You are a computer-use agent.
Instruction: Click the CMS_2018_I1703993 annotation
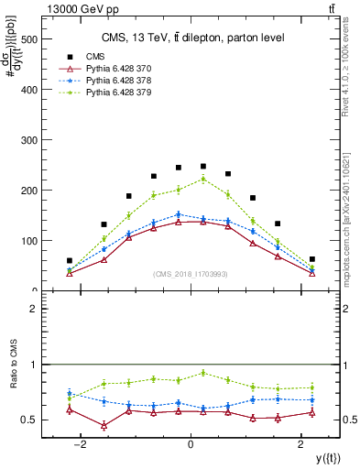click(190, 275)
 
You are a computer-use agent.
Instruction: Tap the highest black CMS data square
click(203, 167)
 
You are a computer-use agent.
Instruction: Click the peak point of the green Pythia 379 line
click(203, 179)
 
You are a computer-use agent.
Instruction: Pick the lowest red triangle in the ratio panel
click(104, 426)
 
